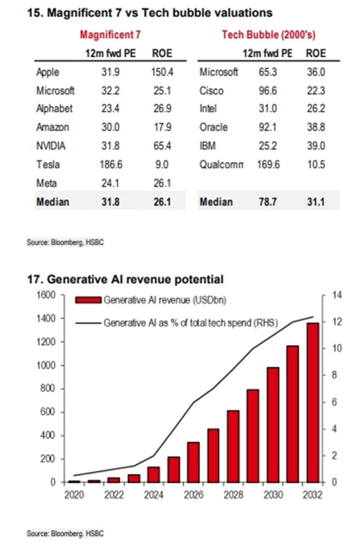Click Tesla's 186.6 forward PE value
(x=111, y=164)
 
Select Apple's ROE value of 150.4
(x=162, y=72)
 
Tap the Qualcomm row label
(x=221, y=164)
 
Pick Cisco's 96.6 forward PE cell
(x=268, y=90)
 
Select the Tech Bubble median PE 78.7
(x=268, y=201)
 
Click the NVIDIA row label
(x=51, y=146)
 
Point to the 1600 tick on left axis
(x=46, y=295)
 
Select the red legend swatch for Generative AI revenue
(x=88, y=300)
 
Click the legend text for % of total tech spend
(x=190, y=323)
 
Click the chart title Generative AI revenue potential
(x=126, y=279)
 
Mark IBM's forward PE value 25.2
(x=268, y=146)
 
